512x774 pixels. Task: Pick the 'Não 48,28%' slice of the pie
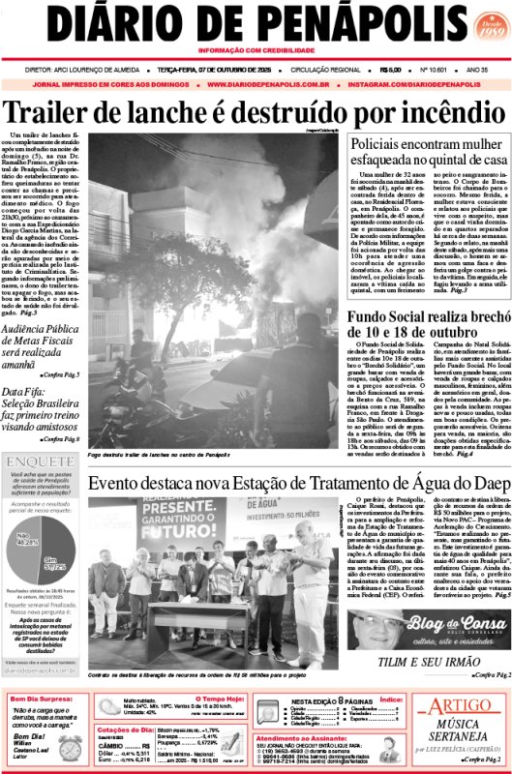click(27, 545)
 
